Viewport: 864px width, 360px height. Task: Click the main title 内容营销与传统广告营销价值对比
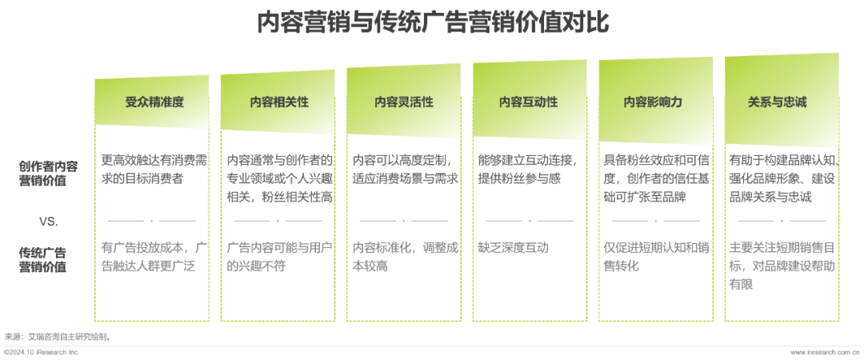click(x=432, y=22)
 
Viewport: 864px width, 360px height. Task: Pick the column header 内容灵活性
click(x=404, y=102)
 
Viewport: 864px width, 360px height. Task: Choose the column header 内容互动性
click(x=529, y=102)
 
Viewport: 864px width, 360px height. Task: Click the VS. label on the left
click(x=48, y=220)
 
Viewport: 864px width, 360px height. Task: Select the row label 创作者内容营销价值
click(x=48, y=174)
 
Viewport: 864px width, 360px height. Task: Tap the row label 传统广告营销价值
click(x=48, y=259)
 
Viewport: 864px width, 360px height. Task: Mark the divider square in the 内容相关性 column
click(x=278, y=220)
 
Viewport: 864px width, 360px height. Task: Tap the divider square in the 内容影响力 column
click(x=655, y=220)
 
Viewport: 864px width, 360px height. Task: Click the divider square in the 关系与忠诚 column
click(x=781, y=220)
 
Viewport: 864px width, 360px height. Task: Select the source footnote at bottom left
click(x=56, y=337)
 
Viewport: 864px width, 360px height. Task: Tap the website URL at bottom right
click(x=824, y=353)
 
